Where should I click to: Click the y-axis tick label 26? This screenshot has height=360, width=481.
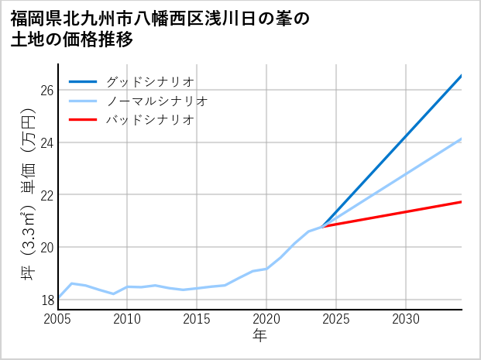[x=46, y=91]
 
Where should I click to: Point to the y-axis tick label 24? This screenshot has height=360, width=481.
[x=46, y=142]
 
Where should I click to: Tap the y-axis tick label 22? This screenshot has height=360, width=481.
[x=46, y=195]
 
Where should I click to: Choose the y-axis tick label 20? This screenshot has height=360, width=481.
[x=46, y=248]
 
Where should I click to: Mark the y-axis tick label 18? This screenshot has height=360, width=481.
[x=46, y=300]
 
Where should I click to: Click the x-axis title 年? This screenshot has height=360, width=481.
[x=260, y=336]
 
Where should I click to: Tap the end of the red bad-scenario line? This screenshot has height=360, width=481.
[x=461, y=202]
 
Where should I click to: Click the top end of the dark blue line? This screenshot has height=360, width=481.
[x=461, y=76]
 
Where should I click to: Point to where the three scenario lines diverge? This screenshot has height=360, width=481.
[x=322, y=226]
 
